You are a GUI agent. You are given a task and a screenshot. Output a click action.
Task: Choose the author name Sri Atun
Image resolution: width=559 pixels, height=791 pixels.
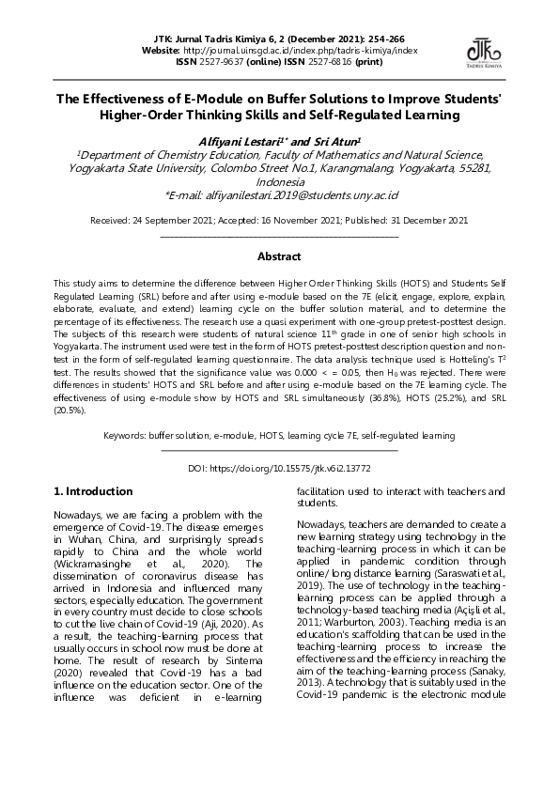[338, 140]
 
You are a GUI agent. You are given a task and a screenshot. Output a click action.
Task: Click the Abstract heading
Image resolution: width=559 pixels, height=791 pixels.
[279, 256]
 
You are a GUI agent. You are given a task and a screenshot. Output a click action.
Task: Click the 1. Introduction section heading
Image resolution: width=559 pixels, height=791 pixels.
[94, 491]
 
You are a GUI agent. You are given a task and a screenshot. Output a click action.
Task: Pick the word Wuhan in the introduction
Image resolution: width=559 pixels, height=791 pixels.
[82, 540]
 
